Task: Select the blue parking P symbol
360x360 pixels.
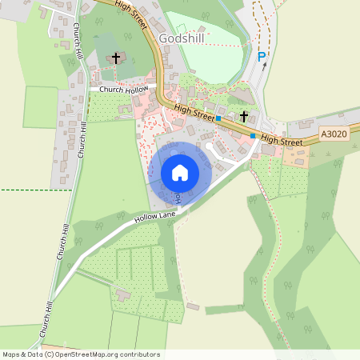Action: tap(261, 57)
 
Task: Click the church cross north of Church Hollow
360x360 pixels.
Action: tap(116, 58)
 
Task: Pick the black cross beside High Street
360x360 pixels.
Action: tap(243, 117)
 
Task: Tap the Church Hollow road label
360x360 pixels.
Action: tap(125, 89)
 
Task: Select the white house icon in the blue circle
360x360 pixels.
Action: tap(180, 172)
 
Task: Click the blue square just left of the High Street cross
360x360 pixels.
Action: tap(218, 118)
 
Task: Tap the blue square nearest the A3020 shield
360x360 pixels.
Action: tap(253, 136)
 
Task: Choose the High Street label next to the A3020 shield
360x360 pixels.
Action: tap(281, 141)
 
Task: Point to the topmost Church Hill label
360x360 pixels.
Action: tap(78, 40)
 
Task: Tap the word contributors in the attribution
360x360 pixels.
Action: tap(139, 354)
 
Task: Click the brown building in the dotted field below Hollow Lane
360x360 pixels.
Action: tap(122, 295)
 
